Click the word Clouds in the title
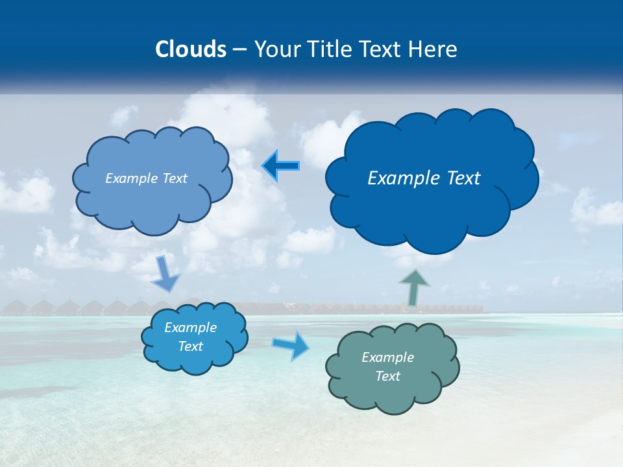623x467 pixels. click(x=191, y=49)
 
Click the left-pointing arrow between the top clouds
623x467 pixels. click(x=281, y=166)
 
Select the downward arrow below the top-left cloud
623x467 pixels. click(x=165, y=274)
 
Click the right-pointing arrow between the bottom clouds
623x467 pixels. click(x=290, y=345)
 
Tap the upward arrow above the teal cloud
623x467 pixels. click(x=414, y=287)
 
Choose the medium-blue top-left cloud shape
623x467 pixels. click(x=153, y=204)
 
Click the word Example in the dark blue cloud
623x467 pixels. click(x=401, y=178)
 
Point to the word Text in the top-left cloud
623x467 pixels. click(x=175, y=178)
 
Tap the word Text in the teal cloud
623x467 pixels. click(x=387, y=376)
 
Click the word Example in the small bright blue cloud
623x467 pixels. click(x=190, y=328)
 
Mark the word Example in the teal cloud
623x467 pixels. click(x=387, y=357)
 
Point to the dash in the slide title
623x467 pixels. click(x=239, y=49)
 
